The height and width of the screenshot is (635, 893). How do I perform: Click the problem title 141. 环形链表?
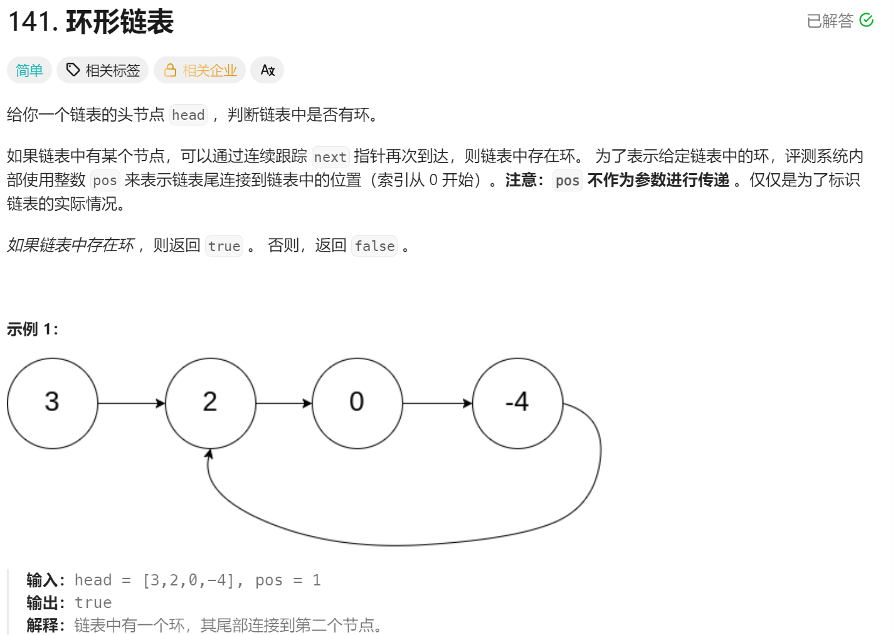pos(91,23)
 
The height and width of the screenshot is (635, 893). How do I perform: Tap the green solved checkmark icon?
pos(866,21)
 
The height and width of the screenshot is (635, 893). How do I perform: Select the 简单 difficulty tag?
pos(29,70)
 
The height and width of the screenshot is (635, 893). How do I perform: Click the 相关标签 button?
pos(103,70)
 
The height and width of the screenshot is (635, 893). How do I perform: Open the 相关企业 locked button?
pos(200,70)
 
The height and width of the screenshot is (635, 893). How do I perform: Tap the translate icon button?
pos(267,70)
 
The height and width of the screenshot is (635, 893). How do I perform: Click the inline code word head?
pos(188,115)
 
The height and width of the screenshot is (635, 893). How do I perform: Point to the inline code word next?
pos(330,157)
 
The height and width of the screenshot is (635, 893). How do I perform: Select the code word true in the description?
pos(224,246)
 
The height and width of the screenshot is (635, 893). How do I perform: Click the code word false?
pos(374,246)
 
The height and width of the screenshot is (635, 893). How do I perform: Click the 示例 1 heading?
pos(33,329)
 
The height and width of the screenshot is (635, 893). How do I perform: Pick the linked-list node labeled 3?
pos(53,403)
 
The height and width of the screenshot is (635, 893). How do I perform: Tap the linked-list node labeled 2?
pos(210,403)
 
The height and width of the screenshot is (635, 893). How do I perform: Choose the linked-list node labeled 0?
pos(357,403)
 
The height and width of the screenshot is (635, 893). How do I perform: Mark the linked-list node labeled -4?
pos(517,403)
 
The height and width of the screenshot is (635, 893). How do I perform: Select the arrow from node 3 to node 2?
pos(131,403)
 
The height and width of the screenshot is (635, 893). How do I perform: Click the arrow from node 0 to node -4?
pos(437,403)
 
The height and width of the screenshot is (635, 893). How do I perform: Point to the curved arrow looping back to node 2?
pos(401,544)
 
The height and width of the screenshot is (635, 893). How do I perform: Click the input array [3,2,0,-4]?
pos(189,580)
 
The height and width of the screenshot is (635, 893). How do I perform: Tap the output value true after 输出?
pos(93,603)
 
